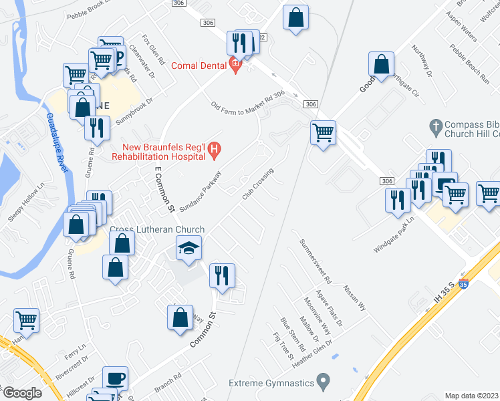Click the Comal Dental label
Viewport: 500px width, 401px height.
point(199,65)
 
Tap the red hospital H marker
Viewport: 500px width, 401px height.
point(214,151)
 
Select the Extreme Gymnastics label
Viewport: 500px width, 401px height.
point(271,383)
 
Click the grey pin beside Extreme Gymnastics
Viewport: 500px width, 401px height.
point(324,382)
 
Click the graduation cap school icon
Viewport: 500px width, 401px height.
point(189,249)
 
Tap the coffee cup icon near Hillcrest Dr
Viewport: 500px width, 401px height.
point(116,379)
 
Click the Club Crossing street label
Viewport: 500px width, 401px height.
point(257,184)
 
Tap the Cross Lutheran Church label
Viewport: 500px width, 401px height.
point(156,230)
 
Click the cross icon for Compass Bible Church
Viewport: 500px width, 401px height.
point(435,125)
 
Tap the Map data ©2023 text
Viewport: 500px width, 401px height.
point(471,396)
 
